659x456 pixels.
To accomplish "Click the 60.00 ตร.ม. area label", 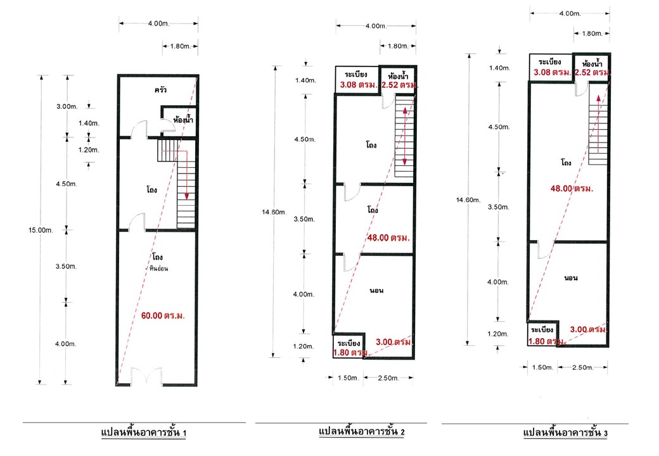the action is click(163, 315).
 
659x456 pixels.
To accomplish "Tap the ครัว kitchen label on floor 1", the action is click(160, 89).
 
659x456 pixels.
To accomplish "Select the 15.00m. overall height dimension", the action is click(41, 230).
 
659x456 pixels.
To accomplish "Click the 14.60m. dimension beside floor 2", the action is click(274, 212).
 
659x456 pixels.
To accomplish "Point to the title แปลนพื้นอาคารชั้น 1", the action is click(144, 433).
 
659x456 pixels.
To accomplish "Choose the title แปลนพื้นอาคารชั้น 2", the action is click(362, 431).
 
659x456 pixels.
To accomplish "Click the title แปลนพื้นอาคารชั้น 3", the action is click(566, 433).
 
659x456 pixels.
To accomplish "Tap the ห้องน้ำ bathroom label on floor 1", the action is click(183, 120).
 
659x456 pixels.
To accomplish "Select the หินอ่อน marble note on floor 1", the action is click(158, 269).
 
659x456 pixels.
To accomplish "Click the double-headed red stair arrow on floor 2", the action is click(405, 136).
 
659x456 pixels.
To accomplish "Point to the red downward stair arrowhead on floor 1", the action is click(186, 196).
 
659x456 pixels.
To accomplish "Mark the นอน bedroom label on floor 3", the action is click(571, 277).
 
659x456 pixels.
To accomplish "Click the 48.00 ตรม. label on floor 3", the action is click(572, 189).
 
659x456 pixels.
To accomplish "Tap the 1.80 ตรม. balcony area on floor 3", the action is click(546, 341).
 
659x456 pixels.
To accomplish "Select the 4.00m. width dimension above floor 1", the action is click(158, 23).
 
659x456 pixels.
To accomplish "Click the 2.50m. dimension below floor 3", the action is click(582, 367).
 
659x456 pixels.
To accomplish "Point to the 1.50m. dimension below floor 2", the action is click(349, 378).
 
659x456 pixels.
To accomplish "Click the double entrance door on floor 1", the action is click(146, 376).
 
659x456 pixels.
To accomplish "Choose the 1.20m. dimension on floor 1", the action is click(89, 150).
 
